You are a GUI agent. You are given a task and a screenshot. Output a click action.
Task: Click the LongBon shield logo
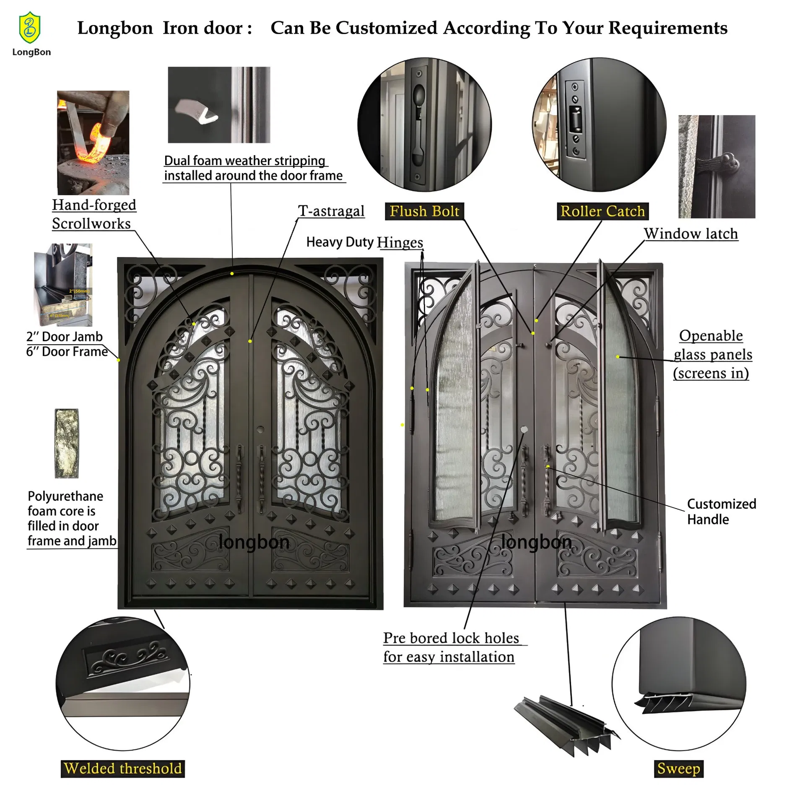[x=30, y=28]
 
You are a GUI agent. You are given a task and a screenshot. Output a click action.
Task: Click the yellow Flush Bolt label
[x=424, y=211]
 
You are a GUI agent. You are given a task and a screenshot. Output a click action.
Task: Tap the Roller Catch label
[x=602, y=211]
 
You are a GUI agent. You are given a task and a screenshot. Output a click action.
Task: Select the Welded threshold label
[x=123, y=769]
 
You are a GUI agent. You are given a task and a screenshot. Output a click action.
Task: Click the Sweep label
[x=678, y=769]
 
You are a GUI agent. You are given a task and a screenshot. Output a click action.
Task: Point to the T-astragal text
[x=331, y=211]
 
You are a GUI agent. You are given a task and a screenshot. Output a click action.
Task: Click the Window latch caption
[x=691, y=234]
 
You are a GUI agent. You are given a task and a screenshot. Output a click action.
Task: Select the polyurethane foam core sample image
[x=67, y=444]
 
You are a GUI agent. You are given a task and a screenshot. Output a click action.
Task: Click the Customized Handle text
[x=721, y=512]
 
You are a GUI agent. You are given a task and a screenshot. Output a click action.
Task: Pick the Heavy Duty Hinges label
[x=364, y=242]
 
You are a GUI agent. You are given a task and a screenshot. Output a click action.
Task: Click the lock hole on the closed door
[x=260, y=430]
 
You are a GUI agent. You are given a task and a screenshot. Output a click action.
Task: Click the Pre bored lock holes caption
[x=451, y=647]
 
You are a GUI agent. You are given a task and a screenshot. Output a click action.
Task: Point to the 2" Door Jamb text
[x=64, y=337]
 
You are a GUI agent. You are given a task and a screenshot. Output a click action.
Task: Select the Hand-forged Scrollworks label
[x=93, y=214]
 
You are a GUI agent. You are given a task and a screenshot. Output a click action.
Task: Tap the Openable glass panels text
[x=712, y=354]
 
